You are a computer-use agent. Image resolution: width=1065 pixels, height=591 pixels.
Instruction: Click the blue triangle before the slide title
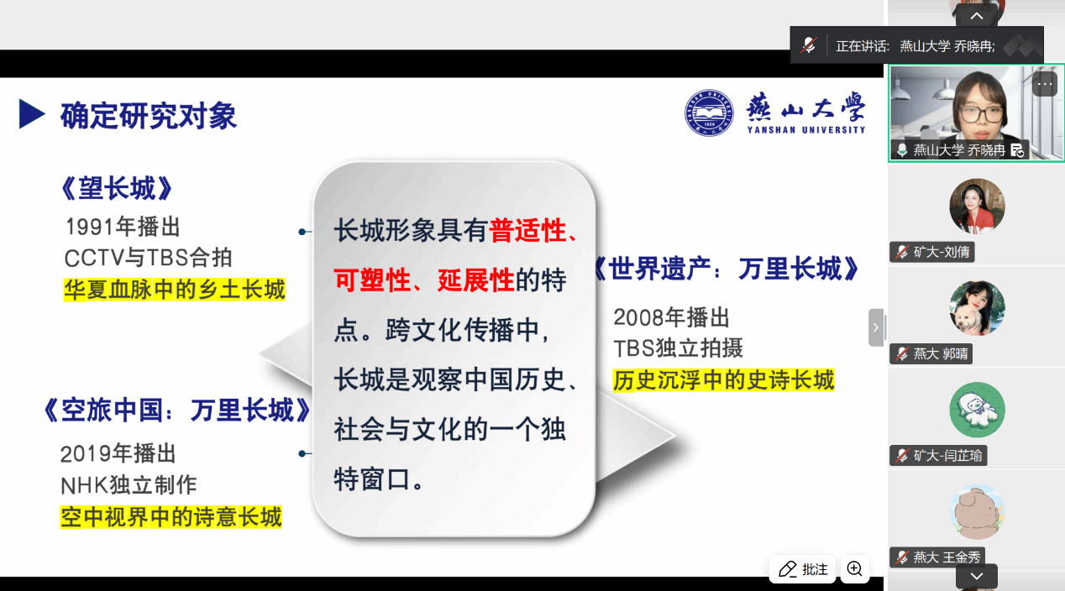tap(31, 114)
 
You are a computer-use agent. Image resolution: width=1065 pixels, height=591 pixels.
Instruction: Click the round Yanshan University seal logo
tap(709, 113)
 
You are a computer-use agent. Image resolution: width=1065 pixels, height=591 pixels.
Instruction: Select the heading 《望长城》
tap(117, 188)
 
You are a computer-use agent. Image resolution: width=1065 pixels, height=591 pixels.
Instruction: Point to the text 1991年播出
tap(123, 227)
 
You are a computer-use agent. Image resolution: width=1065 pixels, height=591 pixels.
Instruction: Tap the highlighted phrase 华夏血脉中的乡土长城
tap(175, 290)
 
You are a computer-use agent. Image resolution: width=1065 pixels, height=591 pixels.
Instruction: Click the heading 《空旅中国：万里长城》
tap(177, 410)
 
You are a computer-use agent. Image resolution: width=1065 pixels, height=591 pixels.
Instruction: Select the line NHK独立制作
tap(129, 485)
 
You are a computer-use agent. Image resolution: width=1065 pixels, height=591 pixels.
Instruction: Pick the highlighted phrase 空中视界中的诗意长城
tap(171, 517)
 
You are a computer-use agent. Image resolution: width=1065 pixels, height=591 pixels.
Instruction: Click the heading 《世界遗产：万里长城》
tap(727, 269)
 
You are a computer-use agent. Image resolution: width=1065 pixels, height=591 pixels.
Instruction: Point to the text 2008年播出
tap(671, 317)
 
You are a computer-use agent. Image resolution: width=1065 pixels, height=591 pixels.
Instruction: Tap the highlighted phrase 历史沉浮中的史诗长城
tap(723, 380)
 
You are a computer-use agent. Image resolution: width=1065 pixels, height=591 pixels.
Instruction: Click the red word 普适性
tap(527, 231)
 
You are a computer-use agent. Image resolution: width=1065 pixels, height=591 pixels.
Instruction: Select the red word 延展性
tap(476, 280)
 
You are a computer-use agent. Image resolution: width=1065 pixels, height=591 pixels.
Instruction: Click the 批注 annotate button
tap(803, 568)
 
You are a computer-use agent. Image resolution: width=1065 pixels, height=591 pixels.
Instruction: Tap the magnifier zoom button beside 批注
tap(855, 568)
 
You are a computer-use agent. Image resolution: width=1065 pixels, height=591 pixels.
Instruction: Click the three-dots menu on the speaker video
tap(1045, 85)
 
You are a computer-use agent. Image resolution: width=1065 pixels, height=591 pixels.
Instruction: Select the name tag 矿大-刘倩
tap(932, 252)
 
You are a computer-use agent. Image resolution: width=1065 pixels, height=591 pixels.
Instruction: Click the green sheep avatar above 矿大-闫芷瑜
tap(977, 410)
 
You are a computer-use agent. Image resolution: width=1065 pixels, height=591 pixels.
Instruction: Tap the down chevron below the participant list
tap(977, 576)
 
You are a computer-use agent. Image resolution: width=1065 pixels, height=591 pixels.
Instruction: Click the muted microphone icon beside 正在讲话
tap(809, 45)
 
